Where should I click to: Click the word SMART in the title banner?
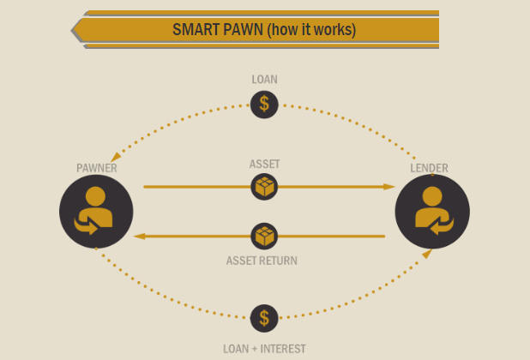click(196, 30)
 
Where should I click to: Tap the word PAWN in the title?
click(242, 30)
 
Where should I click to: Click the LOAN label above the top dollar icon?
click(264, 80)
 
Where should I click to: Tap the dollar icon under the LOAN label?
click(264, 105)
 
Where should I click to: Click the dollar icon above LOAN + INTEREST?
click(264, 318)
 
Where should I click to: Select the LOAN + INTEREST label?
click(264, 349)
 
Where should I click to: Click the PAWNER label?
click(96, 168)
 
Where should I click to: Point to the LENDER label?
click(429, 168)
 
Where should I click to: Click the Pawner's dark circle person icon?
click(96, 212)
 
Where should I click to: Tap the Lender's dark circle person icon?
click(432, 212)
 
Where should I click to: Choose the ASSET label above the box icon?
click(264, 164)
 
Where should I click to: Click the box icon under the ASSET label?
click(264, 186)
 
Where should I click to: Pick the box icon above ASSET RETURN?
click(264, 236)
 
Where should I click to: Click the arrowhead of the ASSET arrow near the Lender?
click(389, 186)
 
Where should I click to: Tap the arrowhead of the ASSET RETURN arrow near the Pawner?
click(141, 236)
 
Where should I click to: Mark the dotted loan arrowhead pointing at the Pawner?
click(115, 157)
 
